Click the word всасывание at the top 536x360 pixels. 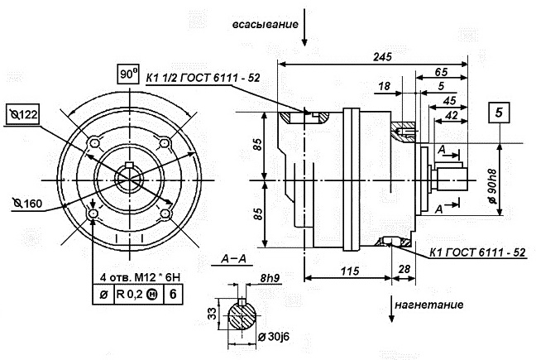[264, 25]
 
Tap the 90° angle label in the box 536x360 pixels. [127, 74]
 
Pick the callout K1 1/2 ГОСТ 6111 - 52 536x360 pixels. [203, 77]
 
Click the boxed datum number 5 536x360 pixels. [498, 112]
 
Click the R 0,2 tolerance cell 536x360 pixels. [126, 292]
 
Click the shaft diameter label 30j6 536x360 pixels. [273, 336]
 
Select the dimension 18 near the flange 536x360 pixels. [384, 86]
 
